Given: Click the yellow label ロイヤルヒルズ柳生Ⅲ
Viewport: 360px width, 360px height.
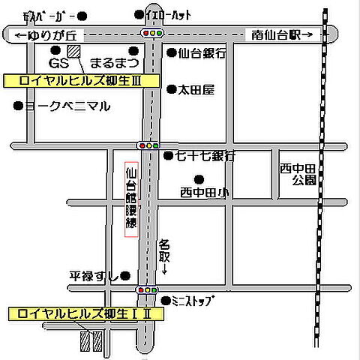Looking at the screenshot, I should tap(82, 79).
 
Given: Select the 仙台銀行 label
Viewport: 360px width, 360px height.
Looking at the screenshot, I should tap(202, 53).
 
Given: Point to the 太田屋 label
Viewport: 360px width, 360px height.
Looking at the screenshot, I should tap(196, 90).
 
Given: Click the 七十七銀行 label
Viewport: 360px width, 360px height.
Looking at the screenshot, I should tap(205, 156).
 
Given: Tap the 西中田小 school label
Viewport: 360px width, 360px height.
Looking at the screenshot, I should tap(204, 193).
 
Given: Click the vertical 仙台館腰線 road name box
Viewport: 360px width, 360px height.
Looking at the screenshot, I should tap(131, 199).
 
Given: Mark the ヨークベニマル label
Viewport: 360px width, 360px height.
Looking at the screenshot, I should tap(68, 106).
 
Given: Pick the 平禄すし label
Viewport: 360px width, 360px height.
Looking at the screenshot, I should tap(94, 276).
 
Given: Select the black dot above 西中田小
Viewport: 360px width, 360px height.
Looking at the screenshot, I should tap(199, 178).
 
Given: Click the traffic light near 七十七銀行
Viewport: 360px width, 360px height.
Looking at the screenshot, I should tap(148, 145).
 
